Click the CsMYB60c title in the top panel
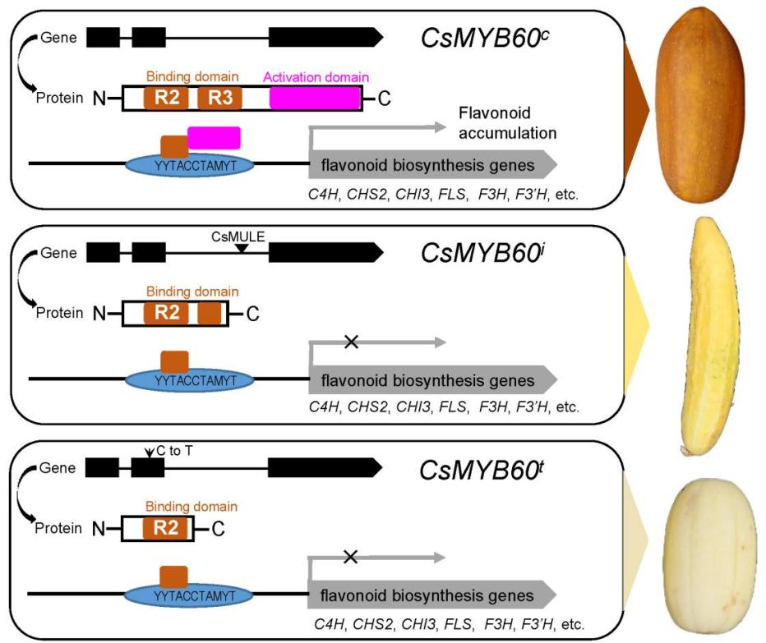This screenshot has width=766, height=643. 486,38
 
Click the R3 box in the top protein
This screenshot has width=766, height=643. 219,99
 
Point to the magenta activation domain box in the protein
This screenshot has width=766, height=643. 315,99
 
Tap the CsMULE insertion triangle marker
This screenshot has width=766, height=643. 241,248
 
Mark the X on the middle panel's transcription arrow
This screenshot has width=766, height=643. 351,341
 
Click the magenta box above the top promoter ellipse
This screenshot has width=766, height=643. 214,137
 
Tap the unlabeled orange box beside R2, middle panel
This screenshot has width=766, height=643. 210,313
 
